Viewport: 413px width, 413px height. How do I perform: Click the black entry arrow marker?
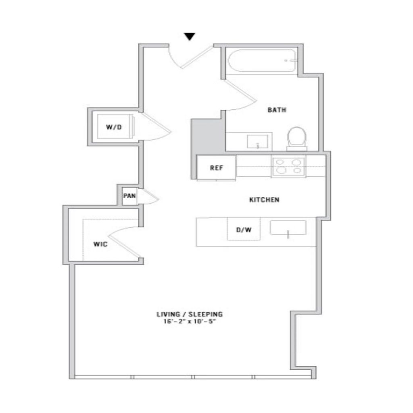pos(190,36)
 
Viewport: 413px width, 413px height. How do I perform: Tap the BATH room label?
pos(277,110)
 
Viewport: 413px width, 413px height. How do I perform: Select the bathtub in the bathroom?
pos(262,60)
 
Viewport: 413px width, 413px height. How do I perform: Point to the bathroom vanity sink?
pos(257,142)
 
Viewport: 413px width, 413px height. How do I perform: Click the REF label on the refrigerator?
pos(217,168)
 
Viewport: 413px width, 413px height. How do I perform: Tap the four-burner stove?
pos(288,167)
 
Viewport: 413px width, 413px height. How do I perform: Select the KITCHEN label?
pos(264,200)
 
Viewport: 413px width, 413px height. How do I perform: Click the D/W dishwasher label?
pos(244,230)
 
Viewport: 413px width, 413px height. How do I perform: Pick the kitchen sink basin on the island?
pos(288,227)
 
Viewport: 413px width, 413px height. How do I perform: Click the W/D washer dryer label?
pos(114,127)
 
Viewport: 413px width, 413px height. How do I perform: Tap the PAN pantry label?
pos(129,196)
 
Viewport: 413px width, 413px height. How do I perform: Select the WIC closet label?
pos(100,244)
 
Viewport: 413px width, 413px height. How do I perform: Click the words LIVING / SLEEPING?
pos(190,314)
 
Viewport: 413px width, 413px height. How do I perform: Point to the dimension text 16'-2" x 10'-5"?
pos(190,321)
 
